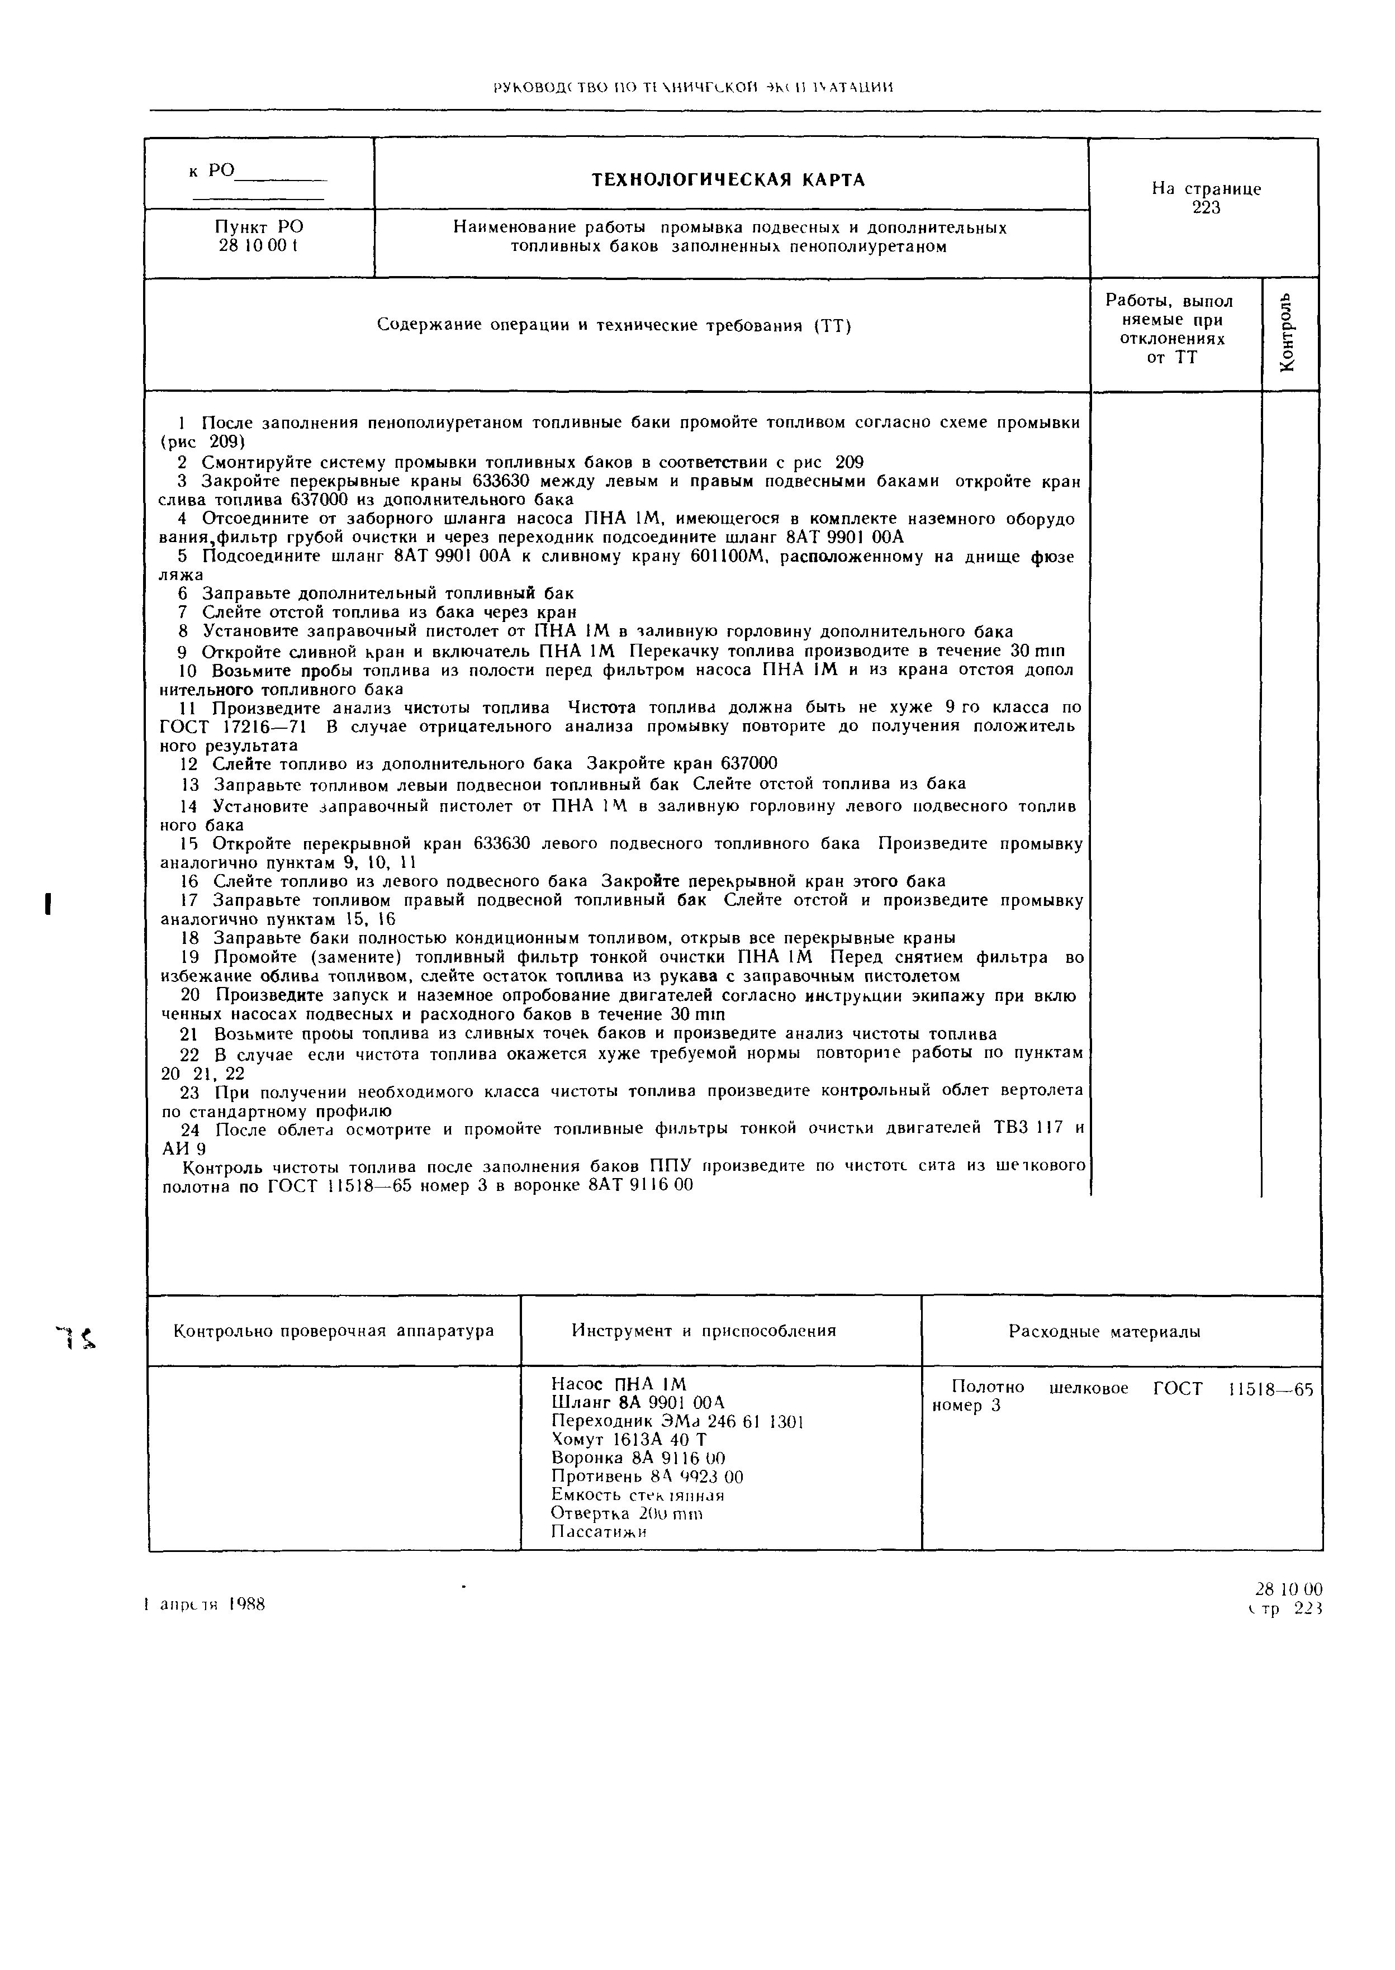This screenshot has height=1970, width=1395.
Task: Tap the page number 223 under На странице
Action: coord(1206,208)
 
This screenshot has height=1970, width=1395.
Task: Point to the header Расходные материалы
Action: coord(1104,1332)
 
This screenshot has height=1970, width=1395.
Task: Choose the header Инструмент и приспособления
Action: coord(704,1331)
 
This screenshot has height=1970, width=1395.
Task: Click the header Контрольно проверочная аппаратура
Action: coord(334,1331)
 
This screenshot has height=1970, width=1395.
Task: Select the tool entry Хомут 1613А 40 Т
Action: coord(629,1439)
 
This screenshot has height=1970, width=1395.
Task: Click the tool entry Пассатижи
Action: coord(598,1532)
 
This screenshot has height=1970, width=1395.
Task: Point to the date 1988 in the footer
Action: coord(248,1604)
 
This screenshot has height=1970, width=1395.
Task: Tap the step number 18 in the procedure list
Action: coord(191,938)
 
